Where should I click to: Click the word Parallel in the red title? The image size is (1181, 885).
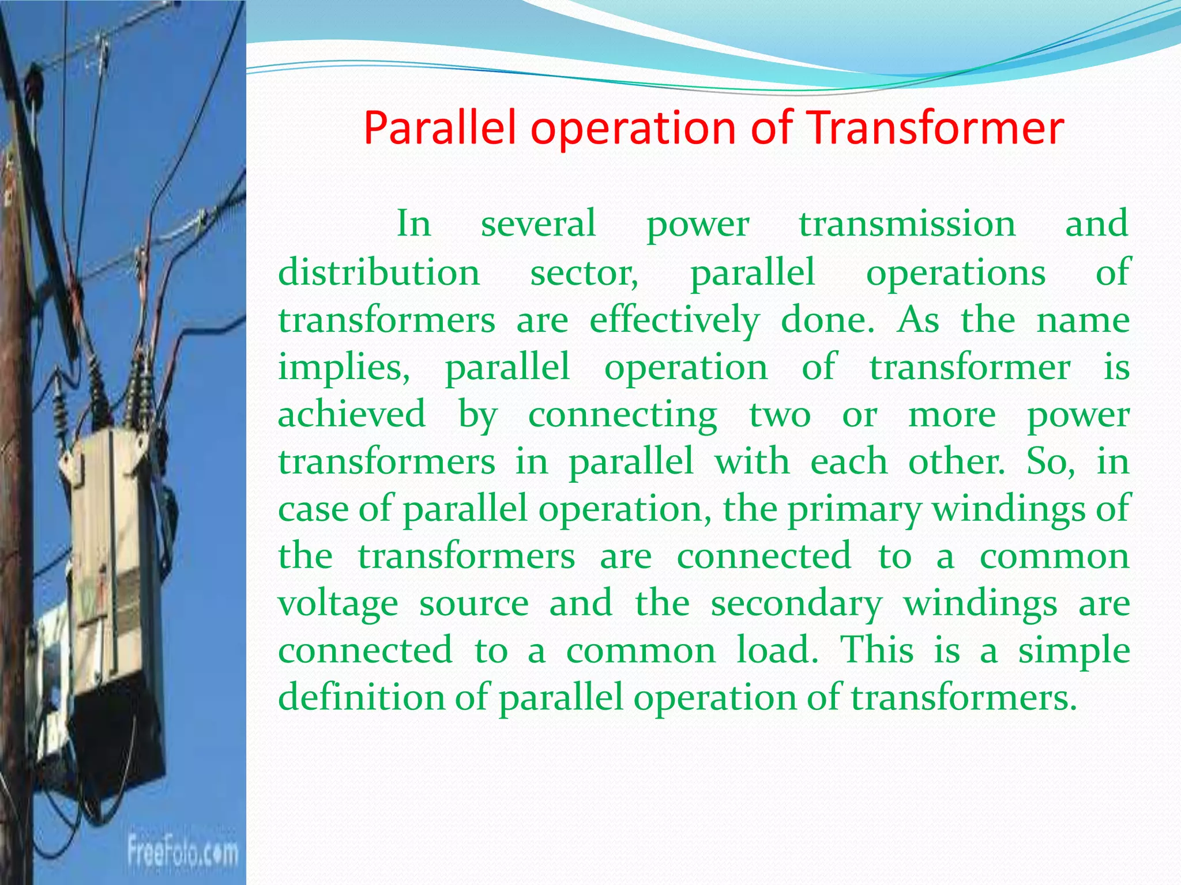439,128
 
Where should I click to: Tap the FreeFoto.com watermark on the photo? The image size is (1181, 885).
182,852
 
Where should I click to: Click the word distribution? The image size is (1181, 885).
379,272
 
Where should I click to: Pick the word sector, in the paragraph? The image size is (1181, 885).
584,272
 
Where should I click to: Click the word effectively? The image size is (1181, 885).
674,320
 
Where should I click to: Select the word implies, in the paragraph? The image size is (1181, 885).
344,367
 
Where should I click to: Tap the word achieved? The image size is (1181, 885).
352,414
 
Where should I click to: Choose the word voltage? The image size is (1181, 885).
338,604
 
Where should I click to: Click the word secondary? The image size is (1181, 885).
796,604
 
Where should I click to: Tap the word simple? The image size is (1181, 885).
1073,651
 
